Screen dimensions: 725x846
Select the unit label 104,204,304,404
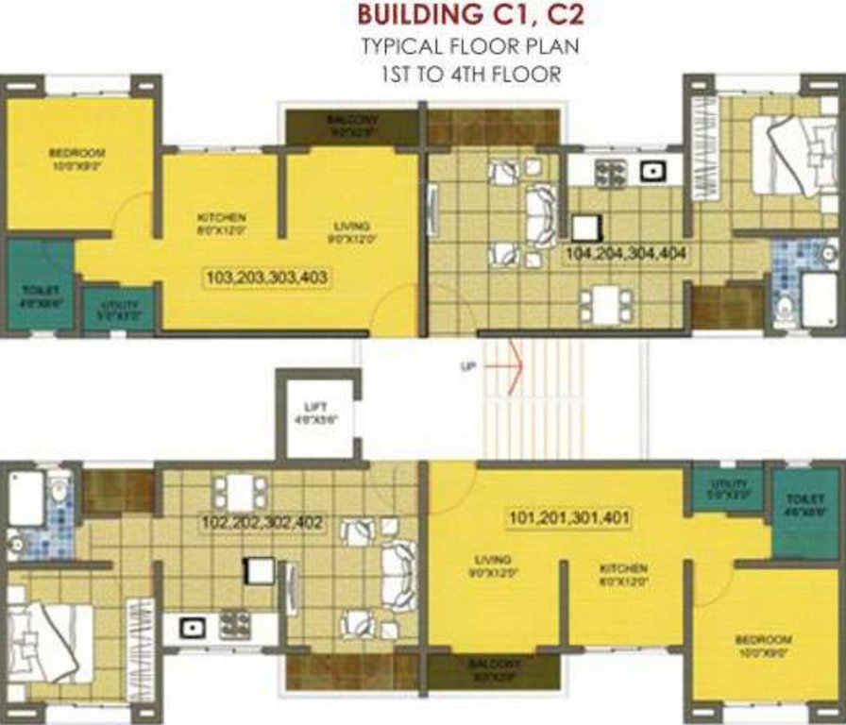coord(625,254)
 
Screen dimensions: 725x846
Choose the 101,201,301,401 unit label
coord(569,518)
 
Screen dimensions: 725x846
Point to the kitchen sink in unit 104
coord(651,173)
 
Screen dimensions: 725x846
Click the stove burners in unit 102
coord(231,623)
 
